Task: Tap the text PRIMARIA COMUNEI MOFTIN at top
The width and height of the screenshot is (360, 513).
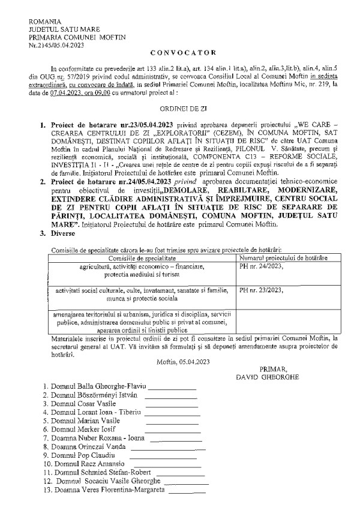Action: pyautogui.click(x=71, y=35)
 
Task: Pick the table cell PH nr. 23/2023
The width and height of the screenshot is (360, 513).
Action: pyautogui.click(x=262, y=289)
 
